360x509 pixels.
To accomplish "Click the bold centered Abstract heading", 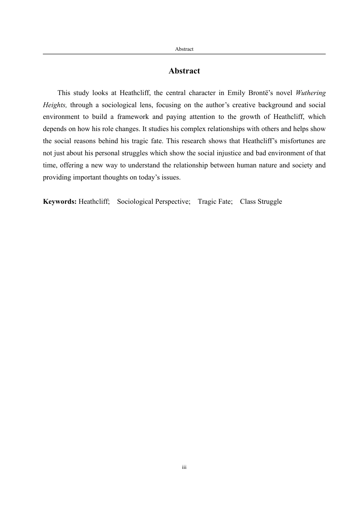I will (x=184, y=71).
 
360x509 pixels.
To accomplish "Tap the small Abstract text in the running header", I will (x=184, y=49).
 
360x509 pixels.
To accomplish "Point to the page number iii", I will (x=184, y=467).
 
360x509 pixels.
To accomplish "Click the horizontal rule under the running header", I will (x=184, y=54).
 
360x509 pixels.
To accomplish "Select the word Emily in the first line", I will (x=236, y=93).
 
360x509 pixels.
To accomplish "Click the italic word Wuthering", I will (x=310, y=93).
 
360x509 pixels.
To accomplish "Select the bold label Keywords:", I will (x=60, y=202).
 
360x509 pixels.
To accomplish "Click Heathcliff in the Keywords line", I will (x=94, y=202).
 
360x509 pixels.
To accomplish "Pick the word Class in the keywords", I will (x=247, y=202).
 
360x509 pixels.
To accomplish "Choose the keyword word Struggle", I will (x=270, y=202).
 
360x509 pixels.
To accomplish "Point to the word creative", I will (x=244, y=105).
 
